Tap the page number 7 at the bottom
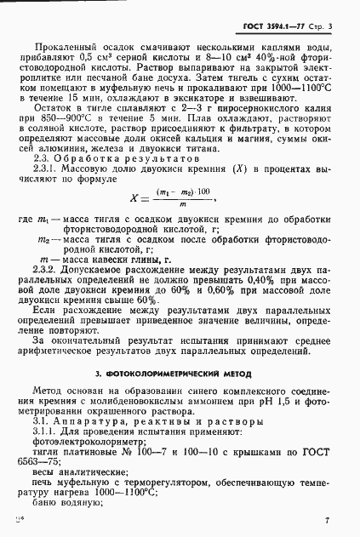[x=327, y=517]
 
